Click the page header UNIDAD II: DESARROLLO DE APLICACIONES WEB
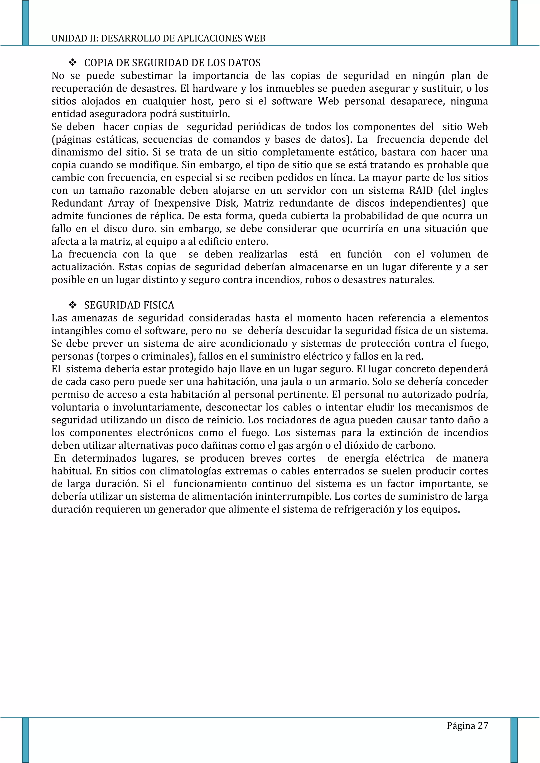pyautogui.click(x=158, y=38)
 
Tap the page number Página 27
pyautogui.click(x=467, y=725)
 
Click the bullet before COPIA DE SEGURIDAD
pyautogui.click(x=72, y=62)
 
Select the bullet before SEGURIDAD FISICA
pyautogui.click(x=72, y=305)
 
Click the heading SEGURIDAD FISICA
pyautogui.click(x=129, y=305)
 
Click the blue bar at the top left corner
pyautogui.click(x=26, y=23)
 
